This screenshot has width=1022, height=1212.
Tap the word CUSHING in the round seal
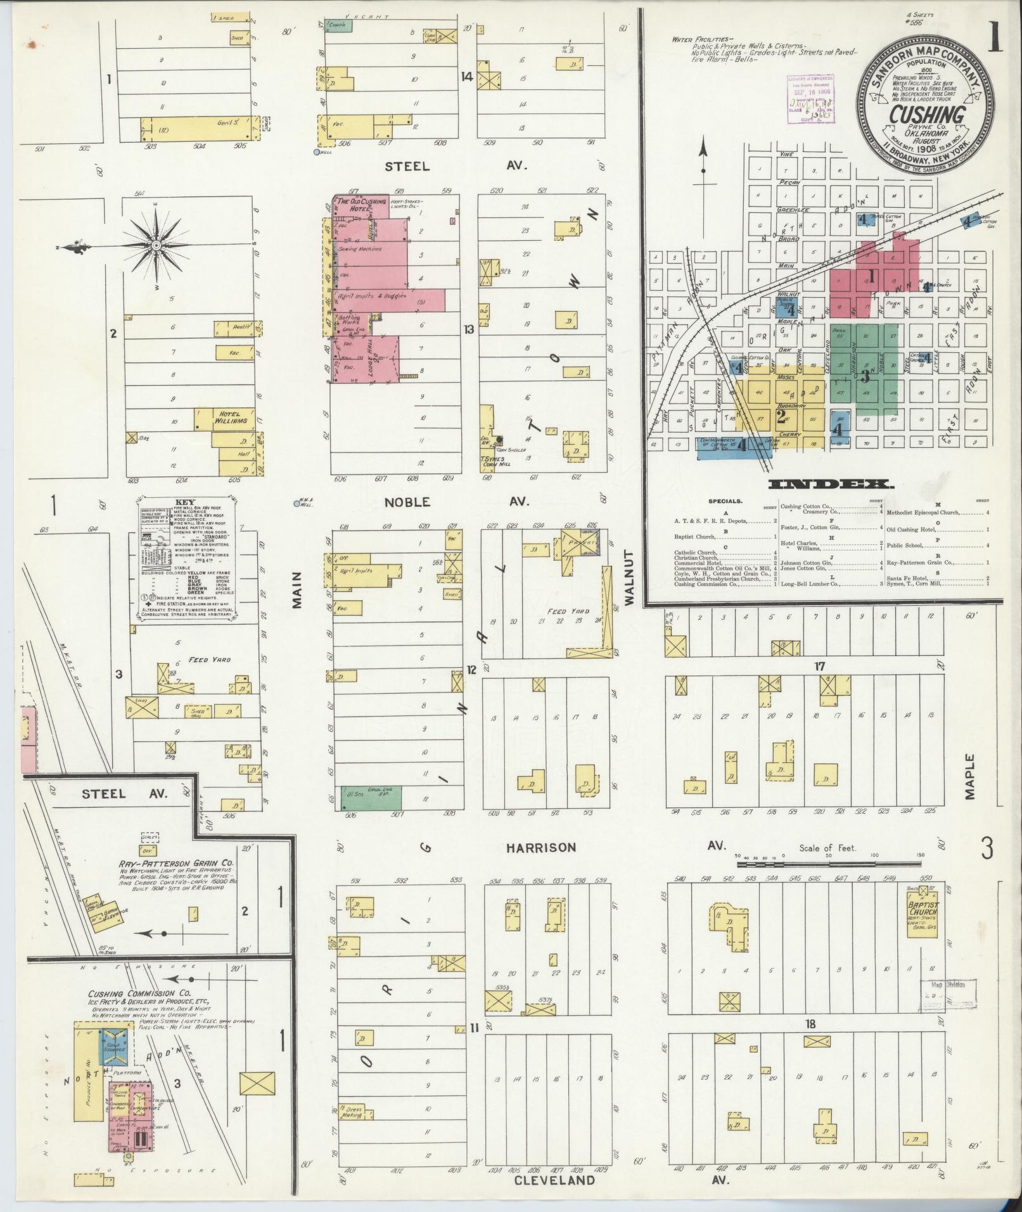click(x=927, y=115)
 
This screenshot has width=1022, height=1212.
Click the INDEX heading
click(x=830, y=485)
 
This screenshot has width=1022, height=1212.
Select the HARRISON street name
click(x=541, y=848)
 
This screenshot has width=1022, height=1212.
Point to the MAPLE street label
click(x=969, y=777)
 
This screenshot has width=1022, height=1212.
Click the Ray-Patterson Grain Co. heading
click(x=176, y=864)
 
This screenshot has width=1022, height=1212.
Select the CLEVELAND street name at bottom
click(x=554, y=1180)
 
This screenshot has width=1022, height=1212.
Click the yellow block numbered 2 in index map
click(x=781, y=416)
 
